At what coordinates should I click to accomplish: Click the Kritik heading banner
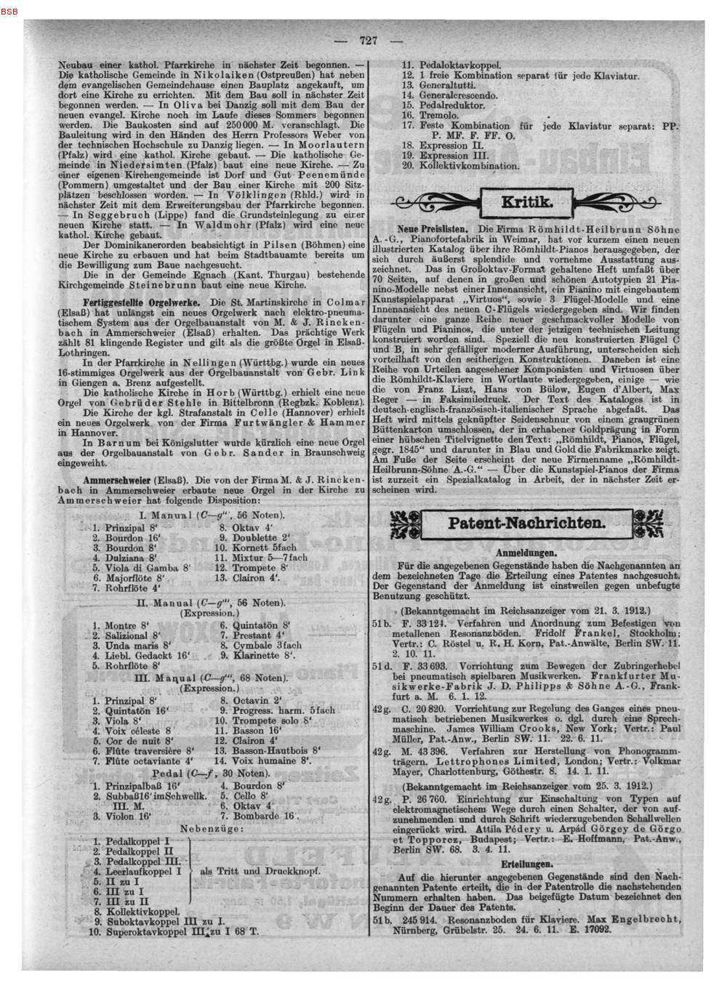527,203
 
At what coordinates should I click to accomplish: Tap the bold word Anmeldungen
527,553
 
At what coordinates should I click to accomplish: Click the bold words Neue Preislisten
429,228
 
